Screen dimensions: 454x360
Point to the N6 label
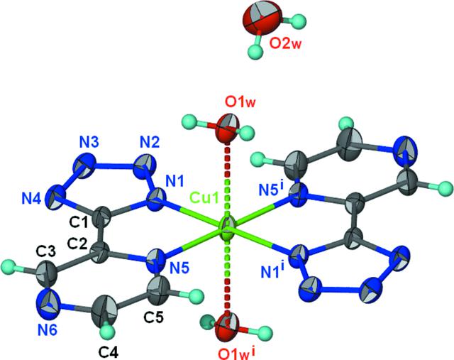[47, 330]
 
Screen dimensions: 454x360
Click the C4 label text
[108, 352]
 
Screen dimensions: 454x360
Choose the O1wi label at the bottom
[237, 353]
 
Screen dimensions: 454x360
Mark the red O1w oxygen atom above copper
[228, 129]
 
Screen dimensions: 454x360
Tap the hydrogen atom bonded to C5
[196, 297]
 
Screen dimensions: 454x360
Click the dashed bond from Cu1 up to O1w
[228, 181]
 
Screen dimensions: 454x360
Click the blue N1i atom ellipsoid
[299, 256]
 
